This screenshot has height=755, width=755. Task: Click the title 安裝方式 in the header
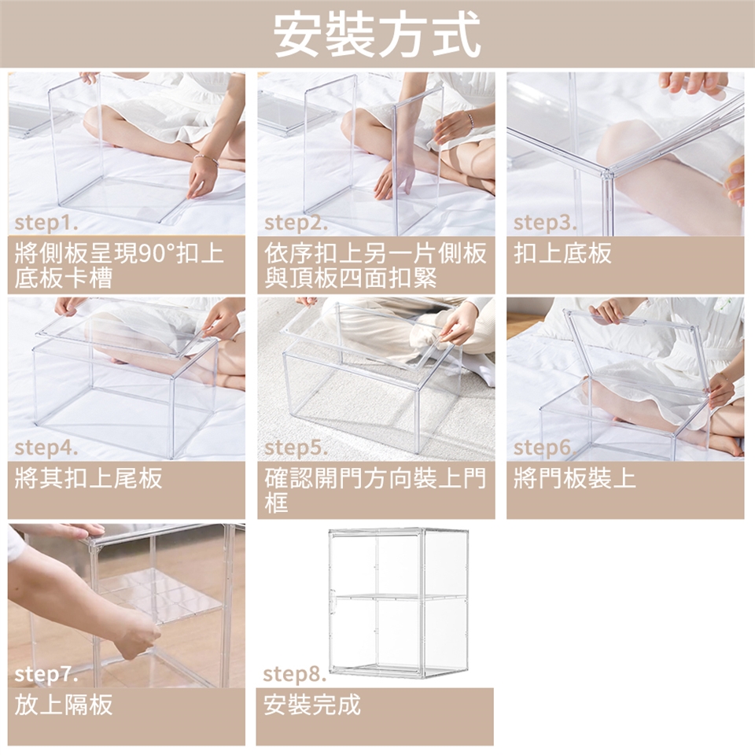click(377, 35)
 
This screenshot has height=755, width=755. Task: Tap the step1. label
click(46, 223)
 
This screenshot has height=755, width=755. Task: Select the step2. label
click(296, 223)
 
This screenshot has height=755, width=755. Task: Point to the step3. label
click(545, 223)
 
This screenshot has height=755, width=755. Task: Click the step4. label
click(46, 447)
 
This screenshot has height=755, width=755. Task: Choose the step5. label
click(296, 447)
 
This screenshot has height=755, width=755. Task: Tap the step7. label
click(46, 674)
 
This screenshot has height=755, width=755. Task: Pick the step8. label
click(295, 674)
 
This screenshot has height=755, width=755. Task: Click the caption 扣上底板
click(562, 252)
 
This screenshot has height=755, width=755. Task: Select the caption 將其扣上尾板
click(89, 478)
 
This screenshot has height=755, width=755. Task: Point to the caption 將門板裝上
click(574, 478)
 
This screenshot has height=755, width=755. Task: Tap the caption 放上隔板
click(64, 705)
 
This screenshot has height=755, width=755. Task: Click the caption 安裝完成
click(312, 705)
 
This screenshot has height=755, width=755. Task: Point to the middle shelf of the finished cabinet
click(399, 597)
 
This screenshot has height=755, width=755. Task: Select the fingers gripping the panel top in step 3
click(693, 82)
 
